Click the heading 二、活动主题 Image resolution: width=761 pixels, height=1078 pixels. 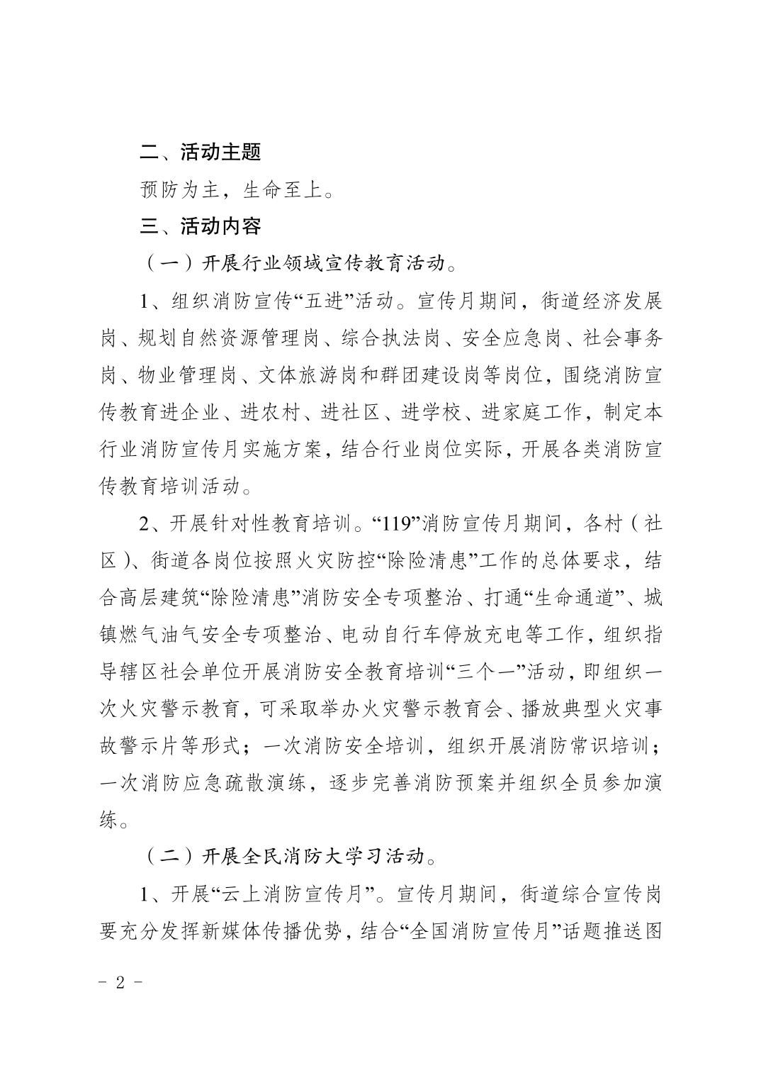point(201,152)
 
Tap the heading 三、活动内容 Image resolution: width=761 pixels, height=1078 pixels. point(201,226)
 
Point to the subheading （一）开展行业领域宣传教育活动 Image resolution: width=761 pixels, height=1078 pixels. point(301,264)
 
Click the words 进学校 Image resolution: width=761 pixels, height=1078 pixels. point(433,413)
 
